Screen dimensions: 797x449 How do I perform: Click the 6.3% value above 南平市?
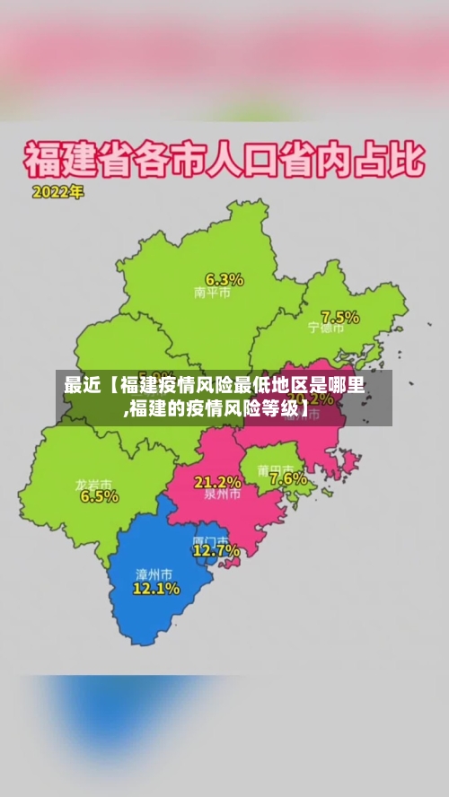click(224, 278)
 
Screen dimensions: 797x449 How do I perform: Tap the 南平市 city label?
click(212, 293)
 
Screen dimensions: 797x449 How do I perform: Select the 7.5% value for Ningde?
click(340, 317)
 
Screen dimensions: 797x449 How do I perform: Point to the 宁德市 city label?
click(326, 328)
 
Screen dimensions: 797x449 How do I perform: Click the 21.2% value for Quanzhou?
click(217, 482)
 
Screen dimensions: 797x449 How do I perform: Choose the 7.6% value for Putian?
click(287, 479)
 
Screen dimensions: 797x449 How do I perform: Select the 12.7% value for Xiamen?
click(216, 550)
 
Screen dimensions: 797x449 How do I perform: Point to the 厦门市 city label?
click(210, 539)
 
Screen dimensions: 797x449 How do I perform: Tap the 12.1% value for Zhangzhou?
click(156, 589)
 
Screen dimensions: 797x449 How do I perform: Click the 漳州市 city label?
click(154, 574)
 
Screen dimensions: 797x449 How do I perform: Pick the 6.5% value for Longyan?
click(99, 496)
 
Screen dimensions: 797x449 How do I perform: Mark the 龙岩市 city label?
click(93, 484)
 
